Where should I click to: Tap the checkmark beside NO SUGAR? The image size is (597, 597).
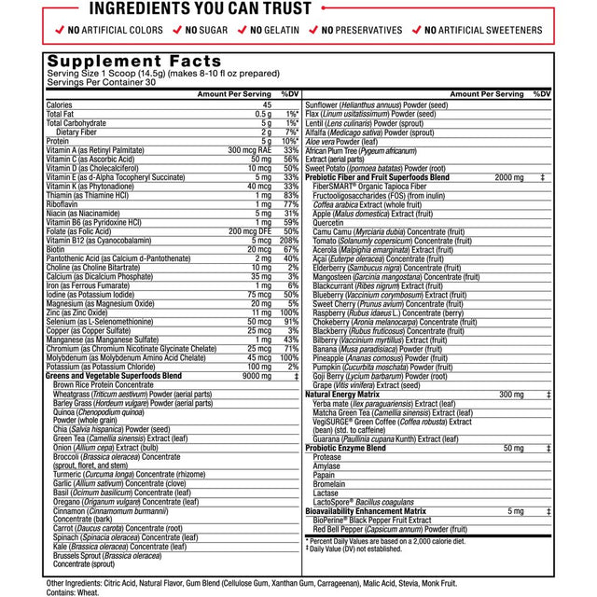click(175, 31)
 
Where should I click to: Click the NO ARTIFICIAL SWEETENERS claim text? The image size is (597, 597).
click(483, 31)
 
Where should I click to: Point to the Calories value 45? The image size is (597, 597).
click(265, 104)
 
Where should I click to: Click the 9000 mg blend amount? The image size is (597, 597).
click(257, 376)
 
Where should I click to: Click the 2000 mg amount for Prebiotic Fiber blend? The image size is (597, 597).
click(509, 176)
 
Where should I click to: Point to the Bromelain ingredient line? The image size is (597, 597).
click(329, 485)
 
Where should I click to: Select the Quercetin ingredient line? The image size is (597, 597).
click(328, 223)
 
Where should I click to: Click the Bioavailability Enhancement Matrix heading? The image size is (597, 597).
click(366, 511)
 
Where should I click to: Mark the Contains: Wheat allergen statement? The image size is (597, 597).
click(73, 592)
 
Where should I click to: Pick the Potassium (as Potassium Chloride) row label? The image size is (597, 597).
click(102, 367)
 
